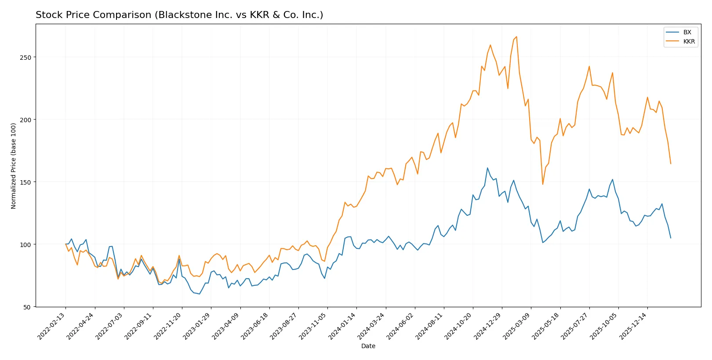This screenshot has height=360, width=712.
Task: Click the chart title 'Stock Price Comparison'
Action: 179,15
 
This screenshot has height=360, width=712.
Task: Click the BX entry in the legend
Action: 687,32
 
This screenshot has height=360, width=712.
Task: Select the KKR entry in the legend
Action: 689,41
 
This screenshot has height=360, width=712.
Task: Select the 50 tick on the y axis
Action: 27,307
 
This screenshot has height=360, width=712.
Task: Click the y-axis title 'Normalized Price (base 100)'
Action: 14,166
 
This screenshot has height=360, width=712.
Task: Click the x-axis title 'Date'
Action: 368,346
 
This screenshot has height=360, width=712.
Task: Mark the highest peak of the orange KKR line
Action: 516,36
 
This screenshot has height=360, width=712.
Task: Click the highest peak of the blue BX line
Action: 487,168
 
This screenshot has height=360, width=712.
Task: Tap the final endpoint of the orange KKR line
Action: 671,164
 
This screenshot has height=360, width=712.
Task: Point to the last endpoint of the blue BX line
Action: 671,238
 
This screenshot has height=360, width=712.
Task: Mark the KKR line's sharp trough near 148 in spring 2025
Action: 543,184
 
